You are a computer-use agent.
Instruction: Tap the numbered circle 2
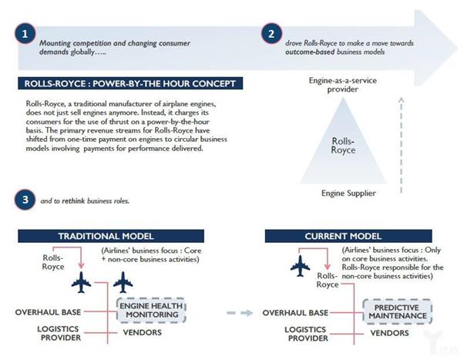tap(271, 34)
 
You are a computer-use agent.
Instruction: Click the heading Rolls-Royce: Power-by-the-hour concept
tap(125, 83)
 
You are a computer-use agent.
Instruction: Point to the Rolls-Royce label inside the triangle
tap(343, 146)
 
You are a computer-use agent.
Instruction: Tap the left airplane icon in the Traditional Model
tap(80, 282)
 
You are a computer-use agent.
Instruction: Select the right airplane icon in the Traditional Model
tap(122, 282)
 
